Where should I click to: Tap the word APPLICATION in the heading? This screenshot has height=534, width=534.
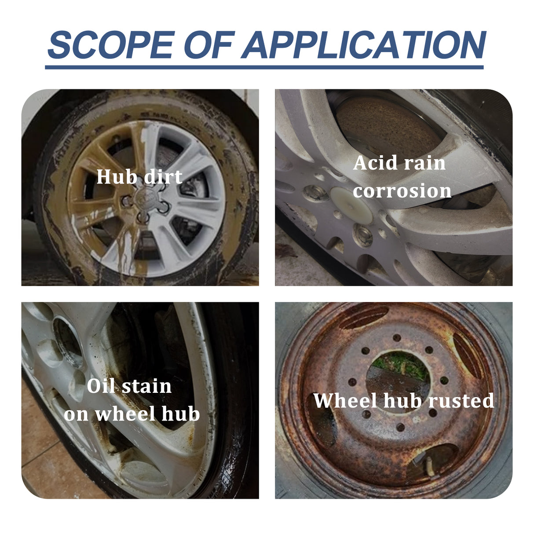tap(363, 45)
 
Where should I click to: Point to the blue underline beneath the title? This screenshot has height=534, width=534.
tap(264, 67)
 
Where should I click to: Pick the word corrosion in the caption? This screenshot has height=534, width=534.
tap(402, 191)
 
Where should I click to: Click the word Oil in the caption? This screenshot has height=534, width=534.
tap(101, 386)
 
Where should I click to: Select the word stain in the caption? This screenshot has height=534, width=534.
tap(146, 386)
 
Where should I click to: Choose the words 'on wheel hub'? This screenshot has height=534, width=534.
tap(132, 414)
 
